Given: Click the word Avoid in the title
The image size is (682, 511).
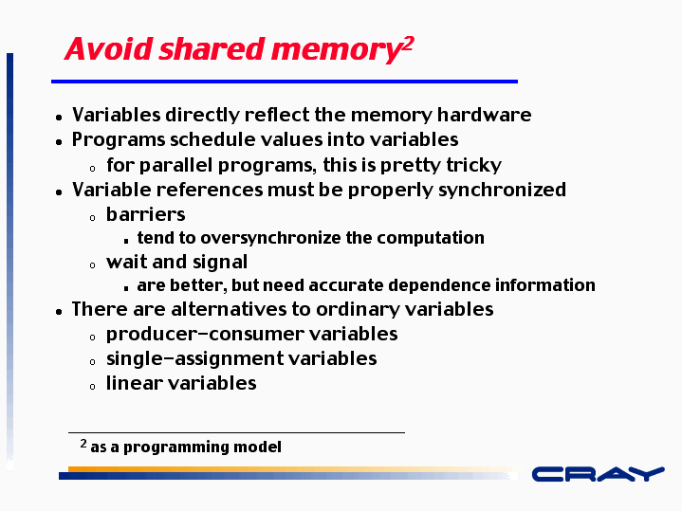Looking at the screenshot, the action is click(109, 48).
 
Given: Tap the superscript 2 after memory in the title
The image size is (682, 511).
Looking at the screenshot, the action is click(408, 45).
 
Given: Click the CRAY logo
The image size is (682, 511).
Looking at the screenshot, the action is click(599, 474).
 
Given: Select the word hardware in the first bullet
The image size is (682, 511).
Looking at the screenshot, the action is click(484, 115).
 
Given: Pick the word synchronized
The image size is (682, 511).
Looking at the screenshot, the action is click(502, 190).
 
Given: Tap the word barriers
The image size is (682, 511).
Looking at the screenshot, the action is click(146, 214).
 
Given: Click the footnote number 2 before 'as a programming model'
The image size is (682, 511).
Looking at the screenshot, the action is click(83, 444).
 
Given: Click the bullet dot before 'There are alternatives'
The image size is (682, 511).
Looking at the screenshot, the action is click(59, 311).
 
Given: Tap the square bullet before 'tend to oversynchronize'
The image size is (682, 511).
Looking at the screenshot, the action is click(126, 241).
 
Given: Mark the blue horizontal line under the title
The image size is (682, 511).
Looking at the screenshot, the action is click(285, 82).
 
